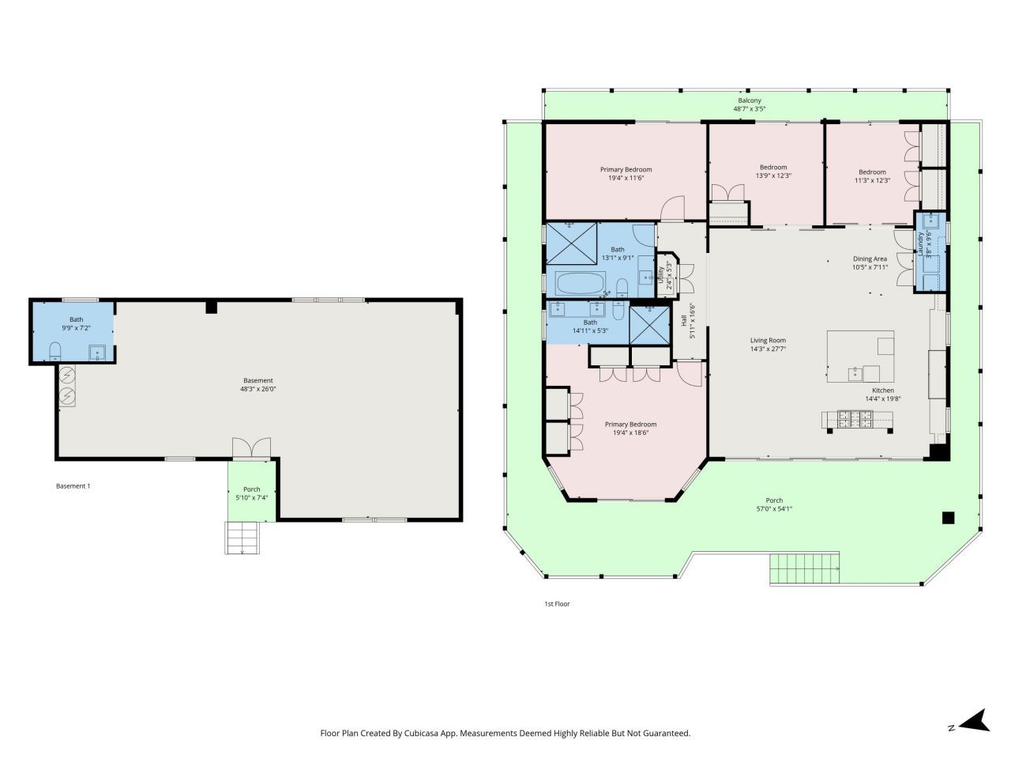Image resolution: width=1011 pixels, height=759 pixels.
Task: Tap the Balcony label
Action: (x=750, y=100)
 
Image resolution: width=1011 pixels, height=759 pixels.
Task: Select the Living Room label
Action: (x=768, y=341)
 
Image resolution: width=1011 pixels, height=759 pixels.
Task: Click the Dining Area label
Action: (x=870, y=259)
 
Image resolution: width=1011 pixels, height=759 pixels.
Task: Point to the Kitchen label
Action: (x=882, y=391)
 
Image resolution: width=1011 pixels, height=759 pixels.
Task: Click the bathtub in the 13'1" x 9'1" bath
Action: (x=581, y=283)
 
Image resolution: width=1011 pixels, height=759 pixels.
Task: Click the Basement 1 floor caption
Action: (x=73, y=486)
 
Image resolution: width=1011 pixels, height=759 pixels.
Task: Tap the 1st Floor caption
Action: (x=557, y=604)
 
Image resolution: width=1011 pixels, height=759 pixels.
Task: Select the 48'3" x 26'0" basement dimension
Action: (x=257, y=389)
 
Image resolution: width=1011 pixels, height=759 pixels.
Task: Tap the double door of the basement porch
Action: (x=251, y=448)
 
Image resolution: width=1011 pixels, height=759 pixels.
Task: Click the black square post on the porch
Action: (x=948, y=518)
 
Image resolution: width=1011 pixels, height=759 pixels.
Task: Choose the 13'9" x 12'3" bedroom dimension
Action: (x=773, y=176)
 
